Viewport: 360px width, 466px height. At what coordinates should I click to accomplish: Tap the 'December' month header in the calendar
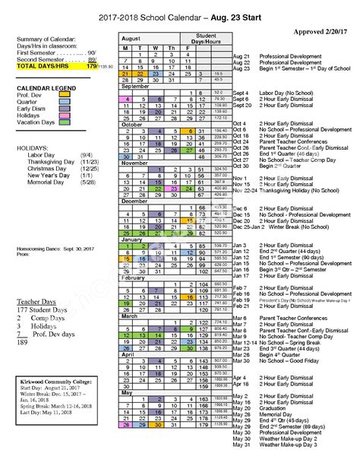pyautogui.click(x=137, y=201)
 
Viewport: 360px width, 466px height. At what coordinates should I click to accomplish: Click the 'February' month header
pyautogui.click(x=135, y=278)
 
